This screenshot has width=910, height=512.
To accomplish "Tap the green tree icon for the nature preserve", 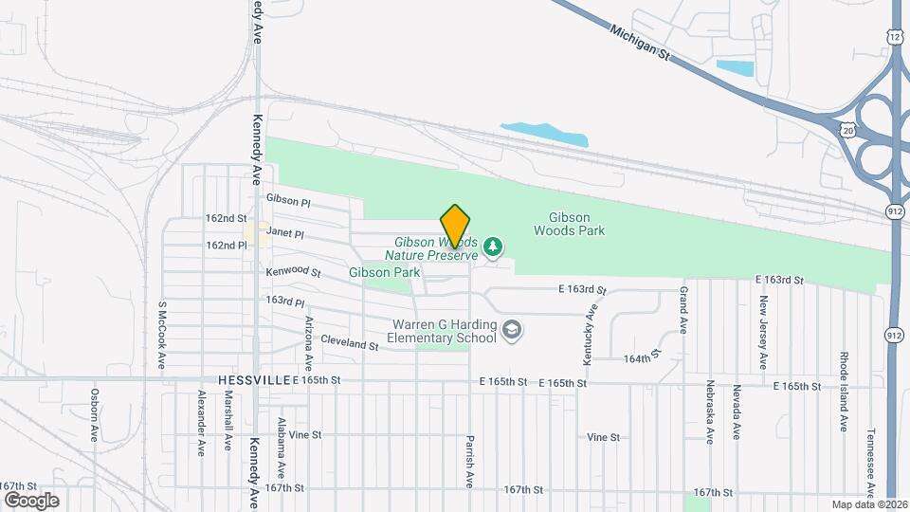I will pyautogui.click(x=492, y=247).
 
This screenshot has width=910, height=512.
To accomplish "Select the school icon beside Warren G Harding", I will pyautogui.click(x=512, y=330).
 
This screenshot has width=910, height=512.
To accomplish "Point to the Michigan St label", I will pyautogui.click(x=640, y=43).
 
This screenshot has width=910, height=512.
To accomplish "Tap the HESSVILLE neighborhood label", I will pyautogui.click(x=253, y=379).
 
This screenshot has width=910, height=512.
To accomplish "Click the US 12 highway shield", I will pyautogui.click(x=896, y=36).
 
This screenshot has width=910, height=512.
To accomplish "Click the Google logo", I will pyautogui.click(x=30, y=500).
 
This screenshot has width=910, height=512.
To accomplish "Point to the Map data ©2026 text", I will pyautogui.click(x=867, y=504).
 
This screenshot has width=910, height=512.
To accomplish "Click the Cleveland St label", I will pyautogui.click(x=349, y=345).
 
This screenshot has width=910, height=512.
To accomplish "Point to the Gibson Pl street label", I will pyautogui.click(x=288, y=200).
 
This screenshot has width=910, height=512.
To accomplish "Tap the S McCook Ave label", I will pyautogui.click(x=162, y=335).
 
